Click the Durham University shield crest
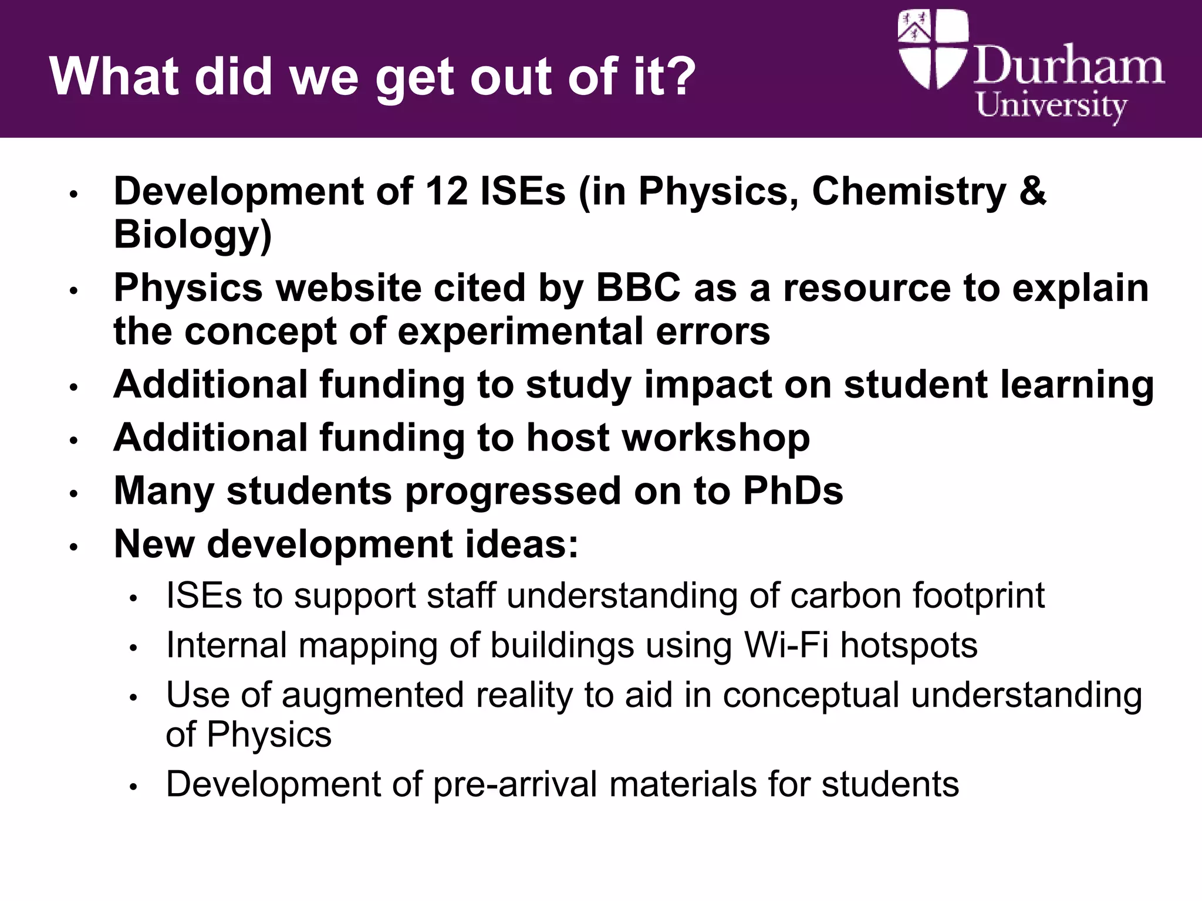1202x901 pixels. coord(932,49)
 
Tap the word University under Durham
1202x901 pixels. coord(1051,107)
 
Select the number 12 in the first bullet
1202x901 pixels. coord(446,191)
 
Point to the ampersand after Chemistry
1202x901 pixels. coord(1033,191)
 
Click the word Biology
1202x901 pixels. coord(193,235)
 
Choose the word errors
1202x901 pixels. coord(713,331)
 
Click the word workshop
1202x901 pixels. coord(668,438)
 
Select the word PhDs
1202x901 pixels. coord(793,491)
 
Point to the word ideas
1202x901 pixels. coord(522,544)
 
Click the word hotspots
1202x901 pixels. coord(909,646)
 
